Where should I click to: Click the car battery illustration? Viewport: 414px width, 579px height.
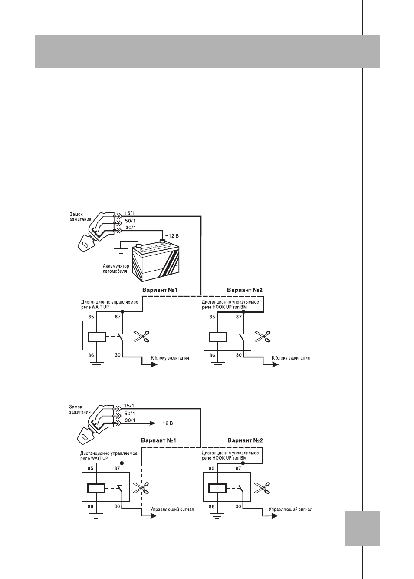[156, 261]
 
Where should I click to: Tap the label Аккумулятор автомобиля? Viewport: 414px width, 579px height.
[116, 268]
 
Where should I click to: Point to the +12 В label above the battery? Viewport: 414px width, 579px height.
[172, 236]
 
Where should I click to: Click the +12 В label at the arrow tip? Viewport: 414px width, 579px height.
[166, 423]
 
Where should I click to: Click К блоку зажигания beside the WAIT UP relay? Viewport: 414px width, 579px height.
[170, 358]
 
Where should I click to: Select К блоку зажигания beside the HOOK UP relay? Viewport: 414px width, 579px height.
[291, 358]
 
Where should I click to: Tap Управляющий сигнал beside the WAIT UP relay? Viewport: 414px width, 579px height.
[172, 510]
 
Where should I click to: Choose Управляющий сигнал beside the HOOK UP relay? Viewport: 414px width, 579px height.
[291, 510]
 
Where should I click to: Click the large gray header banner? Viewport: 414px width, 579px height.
[207, 51]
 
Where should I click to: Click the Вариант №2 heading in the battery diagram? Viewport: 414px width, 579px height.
[245, 290]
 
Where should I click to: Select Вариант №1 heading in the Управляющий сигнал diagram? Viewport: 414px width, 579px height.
[158, 440]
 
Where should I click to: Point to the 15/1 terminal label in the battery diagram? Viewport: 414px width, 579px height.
[130, 213]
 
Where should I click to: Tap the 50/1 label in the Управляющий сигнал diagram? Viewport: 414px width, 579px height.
[129, 414]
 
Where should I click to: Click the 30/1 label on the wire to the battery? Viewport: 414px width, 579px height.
[131, 228]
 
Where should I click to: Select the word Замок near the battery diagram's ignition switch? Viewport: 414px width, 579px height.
[76, 215]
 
